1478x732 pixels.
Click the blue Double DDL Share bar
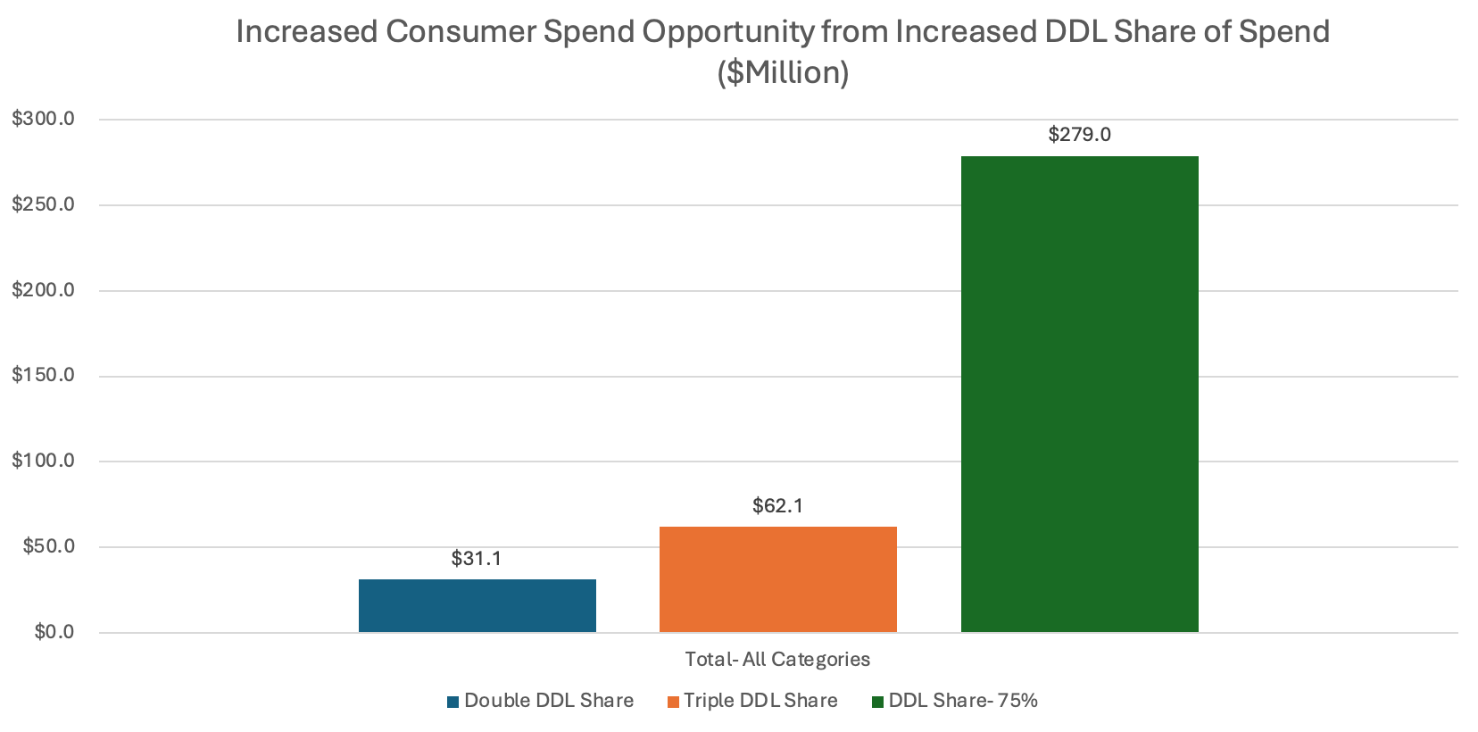(477, 606)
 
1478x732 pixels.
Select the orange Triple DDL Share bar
(777, 579)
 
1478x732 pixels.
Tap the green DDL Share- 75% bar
(1079, 395)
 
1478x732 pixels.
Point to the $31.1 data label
(476, 559)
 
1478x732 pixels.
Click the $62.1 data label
(777, 506)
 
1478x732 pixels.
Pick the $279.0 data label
(1079, 135)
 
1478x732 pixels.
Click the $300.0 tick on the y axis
(43, 119)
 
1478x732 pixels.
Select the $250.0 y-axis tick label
(43, 204)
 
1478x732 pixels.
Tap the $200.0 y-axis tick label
(43, 290)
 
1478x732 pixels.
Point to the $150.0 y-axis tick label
(43, 375)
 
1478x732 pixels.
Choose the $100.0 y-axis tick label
(43, 461)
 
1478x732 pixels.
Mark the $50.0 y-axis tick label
(48, 546)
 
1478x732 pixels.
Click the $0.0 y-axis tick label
(54, 632)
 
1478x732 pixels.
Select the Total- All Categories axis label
(777, 660)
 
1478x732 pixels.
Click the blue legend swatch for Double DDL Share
(453, 702)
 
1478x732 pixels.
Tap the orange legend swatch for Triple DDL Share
(673, 702)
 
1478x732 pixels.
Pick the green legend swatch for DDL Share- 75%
(877, 702)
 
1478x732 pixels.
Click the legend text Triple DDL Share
(760, 701)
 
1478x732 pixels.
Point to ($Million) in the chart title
(783, 72)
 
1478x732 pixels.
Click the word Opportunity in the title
(727, 32)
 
